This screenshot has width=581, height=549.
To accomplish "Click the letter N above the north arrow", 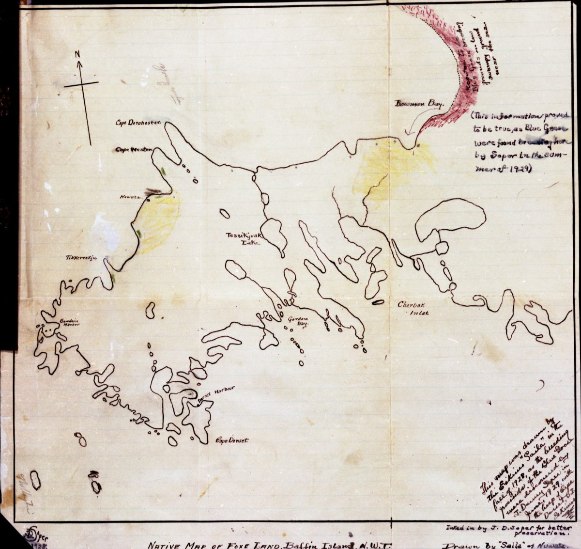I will click(77, 54).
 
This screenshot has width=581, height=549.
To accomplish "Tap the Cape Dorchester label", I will click(137, 123).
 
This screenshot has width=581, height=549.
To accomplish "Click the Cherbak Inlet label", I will click(413, 309).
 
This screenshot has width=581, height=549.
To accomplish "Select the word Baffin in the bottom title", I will click(306, 544).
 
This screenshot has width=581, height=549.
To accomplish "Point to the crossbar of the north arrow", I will click(81, 85).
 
